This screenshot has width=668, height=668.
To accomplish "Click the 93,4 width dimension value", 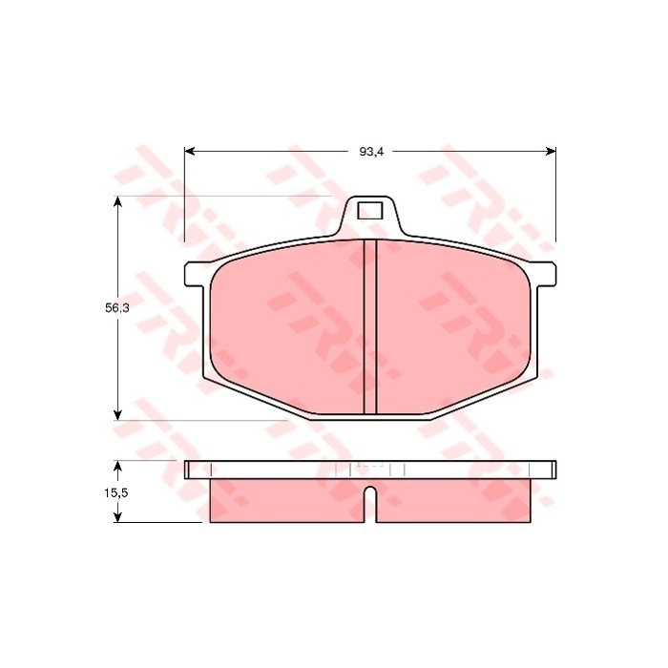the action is [x=371, y=152].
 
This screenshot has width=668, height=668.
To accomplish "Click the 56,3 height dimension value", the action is [x=117, y=308].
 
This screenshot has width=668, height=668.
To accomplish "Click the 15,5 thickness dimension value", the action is [x=116, y=493].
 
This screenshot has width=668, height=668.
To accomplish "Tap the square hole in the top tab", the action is [x=370, y=211].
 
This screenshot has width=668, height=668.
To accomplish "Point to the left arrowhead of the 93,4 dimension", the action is [x=190, y=151].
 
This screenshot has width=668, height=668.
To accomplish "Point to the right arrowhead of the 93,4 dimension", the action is [x=551, y=151].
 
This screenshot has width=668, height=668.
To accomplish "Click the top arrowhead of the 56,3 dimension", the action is [x=118, y=202].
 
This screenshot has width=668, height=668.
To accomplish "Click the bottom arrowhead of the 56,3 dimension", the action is [x=118, y=414].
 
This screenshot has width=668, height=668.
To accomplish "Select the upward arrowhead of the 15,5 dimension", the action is [x=118, y=466].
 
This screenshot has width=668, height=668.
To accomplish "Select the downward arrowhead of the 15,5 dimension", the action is [x=118, y=517].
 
